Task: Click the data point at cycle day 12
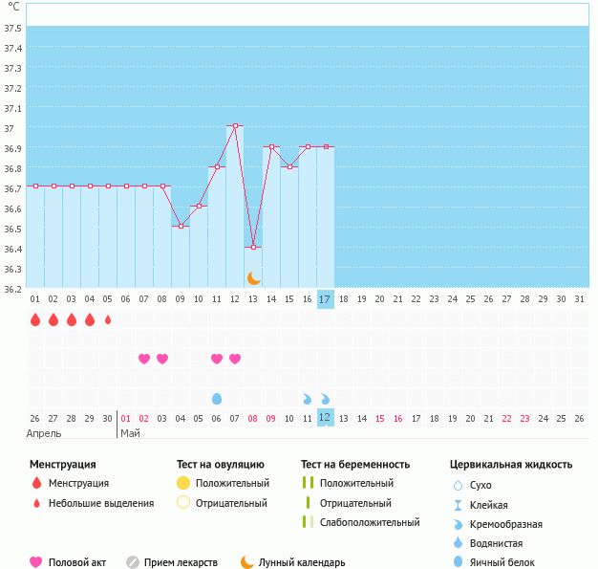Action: coord(235,125)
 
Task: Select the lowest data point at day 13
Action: coord(253,247)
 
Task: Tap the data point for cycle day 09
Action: coord(181,227)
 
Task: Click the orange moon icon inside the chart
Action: coord(253,279)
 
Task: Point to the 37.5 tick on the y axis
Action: coord(13,29)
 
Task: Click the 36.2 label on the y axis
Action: coord(13,289)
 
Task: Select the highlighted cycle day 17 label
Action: coord(326,299)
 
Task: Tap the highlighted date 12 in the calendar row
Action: coord(326,417)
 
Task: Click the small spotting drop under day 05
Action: coord(108,319)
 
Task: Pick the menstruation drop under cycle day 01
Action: coord(35,319)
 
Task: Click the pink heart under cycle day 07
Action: coord(144,359)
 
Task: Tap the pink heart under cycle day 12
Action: coord(235,359)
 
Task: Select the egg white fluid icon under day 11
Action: coord(217,399)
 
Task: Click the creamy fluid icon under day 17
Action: coord(326,399)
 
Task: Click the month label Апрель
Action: coord(44,433)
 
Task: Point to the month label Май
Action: coord(131,433)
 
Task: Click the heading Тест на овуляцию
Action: coord(221,465)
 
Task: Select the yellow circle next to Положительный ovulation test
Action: coord(183,483)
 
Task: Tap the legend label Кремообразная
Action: coord(506,524)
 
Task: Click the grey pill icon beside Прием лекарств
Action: coord(133,562)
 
